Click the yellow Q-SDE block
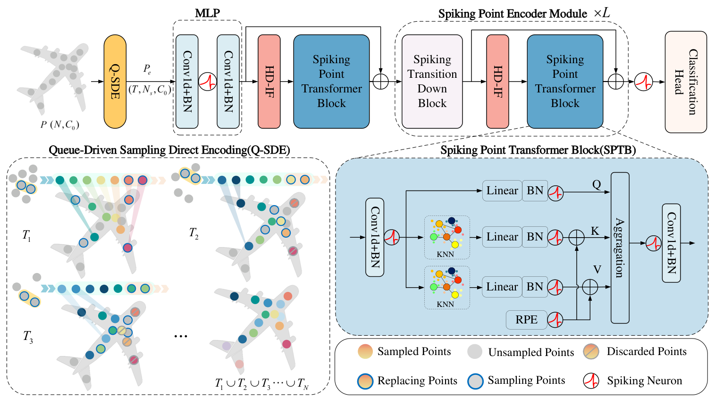click(115, 82)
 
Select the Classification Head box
click(685, 82)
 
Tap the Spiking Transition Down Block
click(432, 82)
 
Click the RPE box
click(526, 320)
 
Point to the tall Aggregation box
click(620, 248)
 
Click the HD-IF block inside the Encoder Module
click(497, 82)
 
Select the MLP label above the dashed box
click(207, 13)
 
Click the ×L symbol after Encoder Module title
click(602, 13)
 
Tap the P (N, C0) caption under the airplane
click(59, 125)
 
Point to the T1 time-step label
click(26, 235)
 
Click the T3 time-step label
click(28, 337)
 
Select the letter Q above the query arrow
click(597, 184)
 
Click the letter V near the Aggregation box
click(597, 270)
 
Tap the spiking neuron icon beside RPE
click(555, 320)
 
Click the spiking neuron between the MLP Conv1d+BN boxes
click(207, 81)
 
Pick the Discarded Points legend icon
click(591, 351)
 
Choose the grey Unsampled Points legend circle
click(475, 352)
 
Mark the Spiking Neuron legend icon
click(591, 381)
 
